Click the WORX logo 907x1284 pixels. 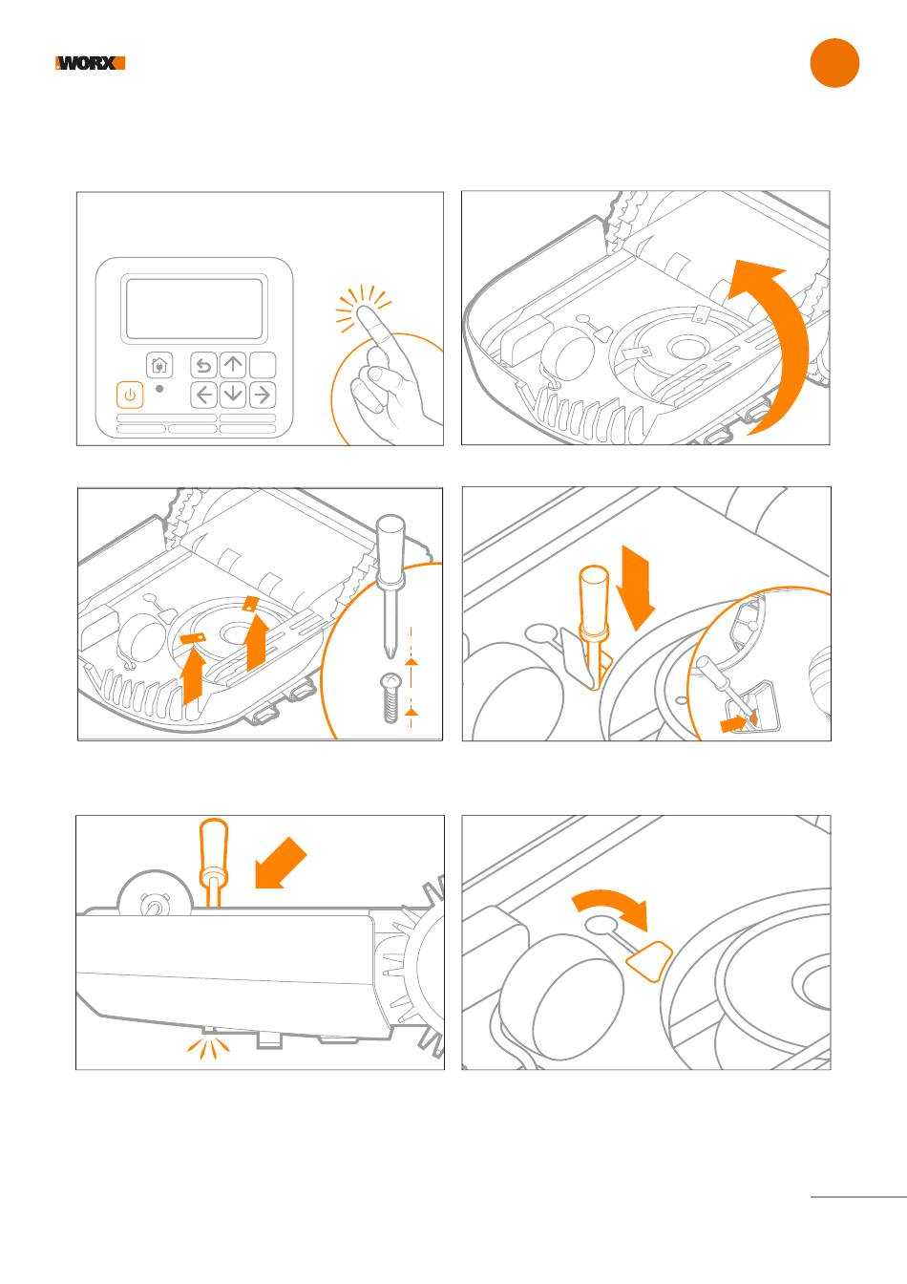91,64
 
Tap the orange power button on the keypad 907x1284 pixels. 130,395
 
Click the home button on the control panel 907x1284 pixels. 159,365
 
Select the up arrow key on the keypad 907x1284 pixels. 233,365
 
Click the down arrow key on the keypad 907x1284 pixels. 233,394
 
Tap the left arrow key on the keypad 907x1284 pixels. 203,394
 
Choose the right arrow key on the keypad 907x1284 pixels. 263,394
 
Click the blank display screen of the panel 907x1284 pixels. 195,309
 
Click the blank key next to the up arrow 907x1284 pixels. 263,365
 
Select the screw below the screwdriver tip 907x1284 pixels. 390,695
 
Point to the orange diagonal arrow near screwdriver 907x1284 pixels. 283,867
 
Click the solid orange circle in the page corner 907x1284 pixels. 834,63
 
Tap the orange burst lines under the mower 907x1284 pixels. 209,1048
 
